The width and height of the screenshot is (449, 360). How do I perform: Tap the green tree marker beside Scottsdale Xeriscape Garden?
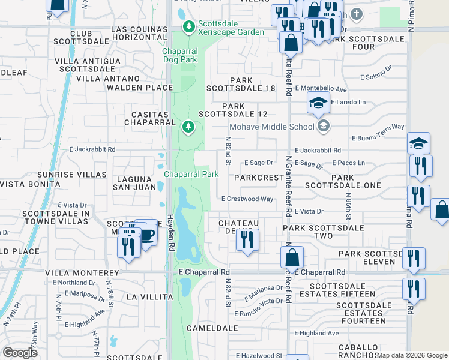(x=190, y=27)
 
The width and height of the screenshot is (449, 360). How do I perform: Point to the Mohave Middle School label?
(x=272, y=127)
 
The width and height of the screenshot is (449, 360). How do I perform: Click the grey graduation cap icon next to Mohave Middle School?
(x=324, y=125)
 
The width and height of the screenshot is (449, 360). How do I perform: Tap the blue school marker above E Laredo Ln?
(x=319, y=103)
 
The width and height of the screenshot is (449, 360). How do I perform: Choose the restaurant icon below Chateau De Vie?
(x=247, y=240)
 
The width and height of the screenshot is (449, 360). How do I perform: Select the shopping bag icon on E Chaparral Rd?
(x=292, y=257)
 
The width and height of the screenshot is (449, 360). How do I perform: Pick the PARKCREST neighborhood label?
(x=259, y=178)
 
